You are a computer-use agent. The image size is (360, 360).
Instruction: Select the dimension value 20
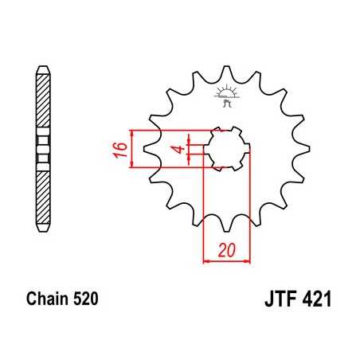pos(228,249)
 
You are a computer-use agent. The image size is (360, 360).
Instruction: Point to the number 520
pos(84,301)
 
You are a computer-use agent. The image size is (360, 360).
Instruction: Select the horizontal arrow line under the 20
pos(228,260)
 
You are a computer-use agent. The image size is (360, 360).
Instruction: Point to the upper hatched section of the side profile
pos(43,104)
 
